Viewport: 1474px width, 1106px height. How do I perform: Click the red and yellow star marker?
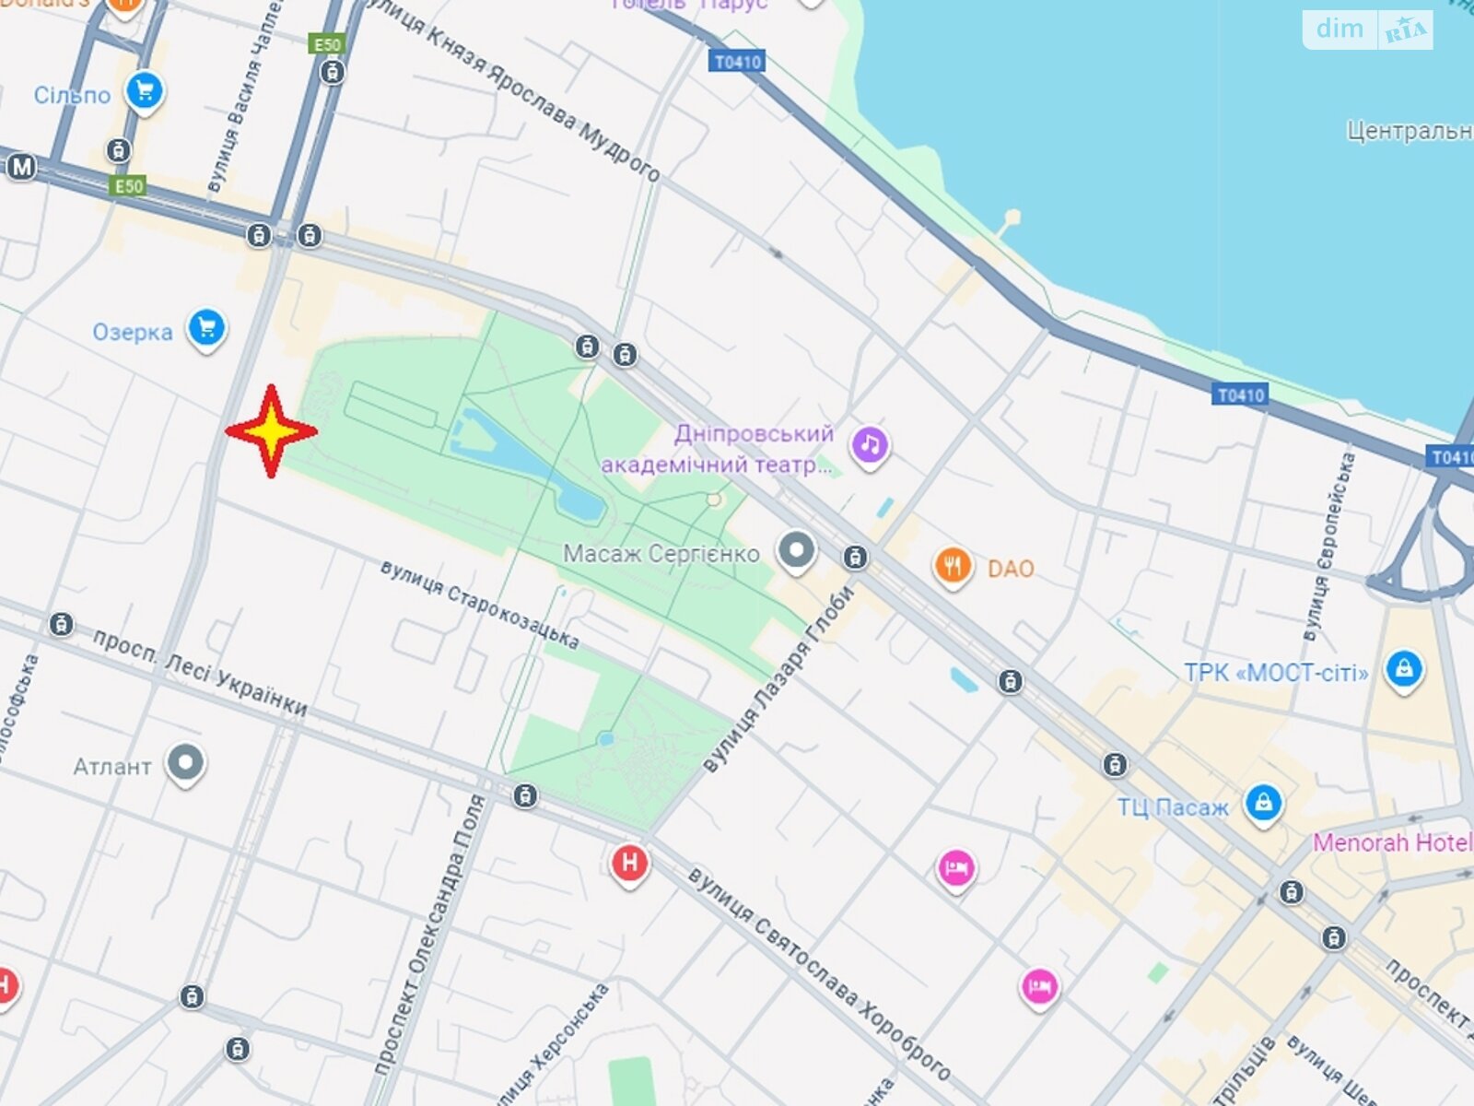click(271, 431)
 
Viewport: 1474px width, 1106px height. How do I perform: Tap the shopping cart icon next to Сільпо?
click(145, 91)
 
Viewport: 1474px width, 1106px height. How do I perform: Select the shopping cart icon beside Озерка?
click(206, 328)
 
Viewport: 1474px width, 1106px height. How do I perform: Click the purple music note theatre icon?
click(870, 446)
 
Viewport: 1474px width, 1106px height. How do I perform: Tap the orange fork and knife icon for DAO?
click(953, 566)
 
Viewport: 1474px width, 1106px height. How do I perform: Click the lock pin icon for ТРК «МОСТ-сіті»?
click(1403, 669)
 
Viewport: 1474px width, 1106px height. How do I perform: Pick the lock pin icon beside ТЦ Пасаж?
click(1263, 803)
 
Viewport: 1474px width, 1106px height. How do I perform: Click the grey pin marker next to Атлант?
click(186, 763)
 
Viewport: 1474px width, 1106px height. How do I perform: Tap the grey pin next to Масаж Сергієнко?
click(796, 550)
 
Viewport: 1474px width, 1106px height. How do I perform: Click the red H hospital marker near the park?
click(630, 864)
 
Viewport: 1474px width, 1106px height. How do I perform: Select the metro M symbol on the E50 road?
click(21, 168)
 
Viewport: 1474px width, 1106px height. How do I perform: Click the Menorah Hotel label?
click(1391, 842)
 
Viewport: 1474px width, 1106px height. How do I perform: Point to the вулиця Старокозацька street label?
click(480, 605)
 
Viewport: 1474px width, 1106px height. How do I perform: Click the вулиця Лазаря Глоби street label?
click(779, 678)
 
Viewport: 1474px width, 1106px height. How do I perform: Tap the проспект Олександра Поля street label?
click(432, 935)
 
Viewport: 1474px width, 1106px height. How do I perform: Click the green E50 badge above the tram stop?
click(327, 44)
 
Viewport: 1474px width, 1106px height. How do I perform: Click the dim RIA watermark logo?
click(1367, 29)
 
